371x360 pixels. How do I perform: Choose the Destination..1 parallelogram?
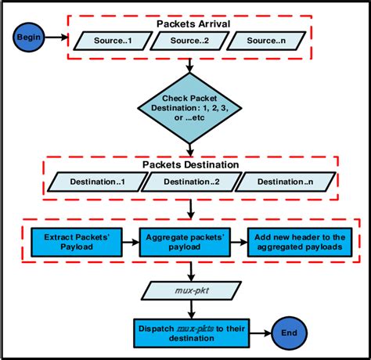(x=96, y=182)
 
